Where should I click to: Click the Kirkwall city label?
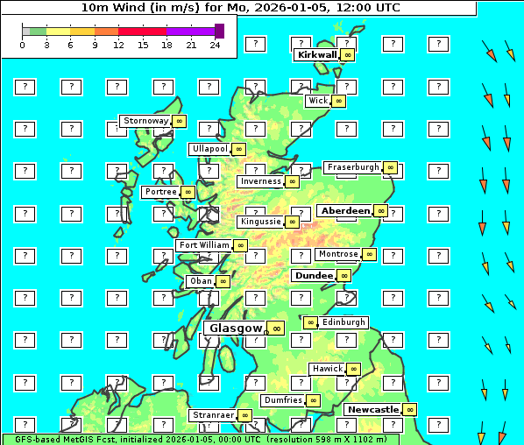[317, 54]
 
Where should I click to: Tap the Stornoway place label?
[145, 121]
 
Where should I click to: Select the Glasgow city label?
[236, 328]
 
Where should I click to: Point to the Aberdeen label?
[345, 211]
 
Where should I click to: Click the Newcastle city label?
[372, 409]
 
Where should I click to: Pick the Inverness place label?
[260, 181]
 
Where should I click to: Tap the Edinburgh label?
[343, 322]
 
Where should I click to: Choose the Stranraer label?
[213, 415]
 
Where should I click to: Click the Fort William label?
[203, 245]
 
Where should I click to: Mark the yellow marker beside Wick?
[339, 101]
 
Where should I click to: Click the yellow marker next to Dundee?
[344, 276]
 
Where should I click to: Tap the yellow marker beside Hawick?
[353, 369]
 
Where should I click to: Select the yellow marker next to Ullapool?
[238, 149]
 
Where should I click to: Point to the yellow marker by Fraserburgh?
[391, 167]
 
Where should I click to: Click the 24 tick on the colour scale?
[215, 46]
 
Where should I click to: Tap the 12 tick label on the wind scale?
[118, 46]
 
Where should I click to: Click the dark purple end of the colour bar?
[219, 31]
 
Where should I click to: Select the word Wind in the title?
[124, 7]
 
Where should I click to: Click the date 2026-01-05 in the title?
[287, 7]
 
